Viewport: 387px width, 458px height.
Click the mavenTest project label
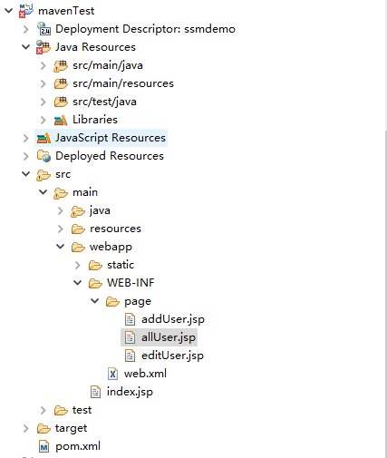coord(66,11)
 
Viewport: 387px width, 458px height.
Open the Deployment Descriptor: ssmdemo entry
coord(145,29)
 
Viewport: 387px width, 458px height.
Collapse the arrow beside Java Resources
coord(26,47)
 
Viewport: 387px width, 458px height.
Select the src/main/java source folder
coord(108,65)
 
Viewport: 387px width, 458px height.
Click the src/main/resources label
coord(123,83)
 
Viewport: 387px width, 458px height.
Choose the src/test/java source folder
coord(104,102)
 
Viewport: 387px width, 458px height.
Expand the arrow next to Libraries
coord(44,120)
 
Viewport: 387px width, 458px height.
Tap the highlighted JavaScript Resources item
coord(111,138)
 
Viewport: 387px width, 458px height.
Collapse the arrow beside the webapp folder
coord(61,247)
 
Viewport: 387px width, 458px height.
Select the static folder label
coord(121,265)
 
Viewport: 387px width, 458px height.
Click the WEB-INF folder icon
coord(95,283)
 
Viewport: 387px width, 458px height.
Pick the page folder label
coord(138,301)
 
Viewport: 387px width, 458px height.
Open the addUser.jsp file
coord(173,319)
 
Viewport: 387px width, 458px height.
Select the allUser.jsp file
coord(169,337)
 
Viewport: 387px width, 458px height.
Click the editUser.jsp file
coord(172,356)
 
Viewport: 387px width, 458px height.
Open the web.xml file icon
coord(112,374)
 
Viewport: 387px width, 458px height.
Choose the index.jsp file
coord(130,392)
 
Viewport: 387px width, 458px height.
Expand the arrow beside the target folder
coord(26,428)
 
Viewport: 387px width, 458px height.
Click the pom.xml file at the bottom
coord(78,446)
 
